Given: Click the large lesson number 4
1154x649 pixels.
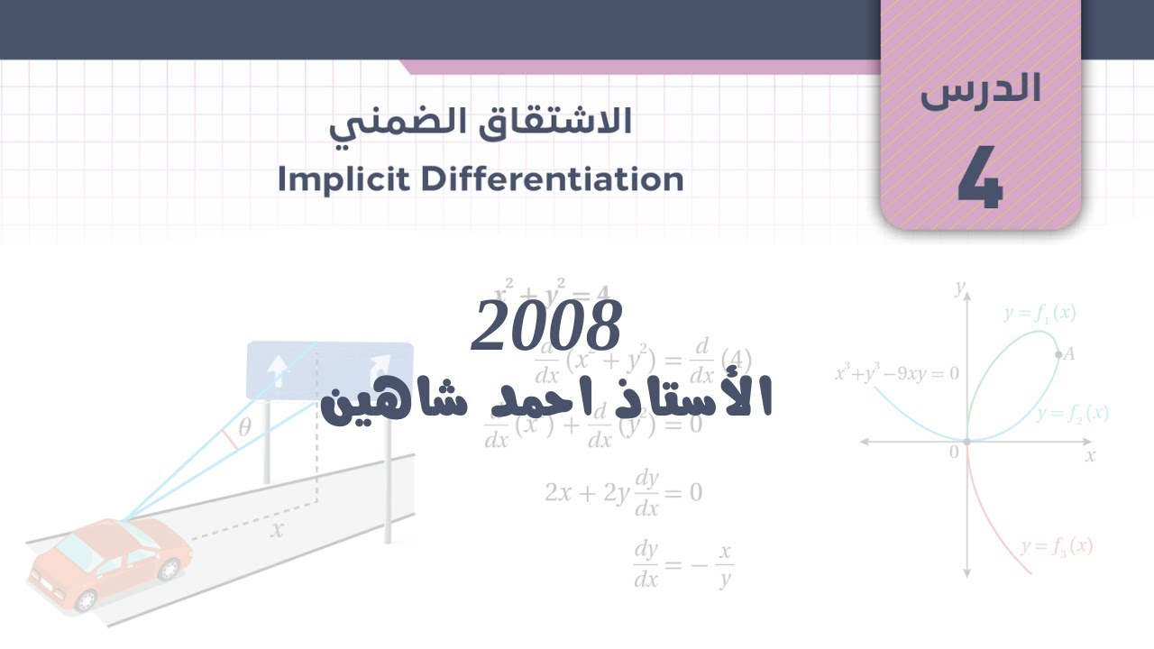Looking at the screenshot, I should click(980, 179).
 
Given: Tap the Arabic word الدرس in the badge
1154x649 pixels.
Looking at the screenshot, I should click(980, 91).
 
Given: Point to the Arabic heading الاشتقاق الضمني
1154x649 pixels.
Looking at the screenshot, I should click(480, 124).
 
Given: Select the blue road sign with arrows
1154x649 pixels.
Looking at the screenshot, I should click(329, 370).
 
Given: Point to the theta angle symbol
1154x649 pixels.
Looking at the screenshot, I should click(244, 427).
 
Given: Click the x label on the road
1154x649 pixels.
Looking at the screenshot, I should click(277, 530).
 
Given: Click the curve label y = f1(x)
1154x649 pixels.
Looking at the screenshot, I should click(1040, 314).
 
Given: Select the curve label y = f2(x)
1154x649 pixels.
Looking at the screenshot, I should click(1072, 414).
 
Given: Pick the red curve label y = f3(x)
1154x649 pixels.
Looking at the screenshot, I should click(1057, 546).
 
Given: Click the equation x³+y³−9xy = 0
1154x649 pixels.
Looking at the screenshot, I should click(896, 373).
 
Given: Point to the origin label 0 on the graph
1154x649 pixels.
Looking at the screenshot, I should click(954, 452).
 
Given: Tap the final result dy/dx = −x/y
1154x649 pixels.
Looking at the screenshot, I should click(682, 565).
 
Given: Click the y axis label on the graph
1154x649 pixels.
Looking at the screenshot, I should click(960, 288).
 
